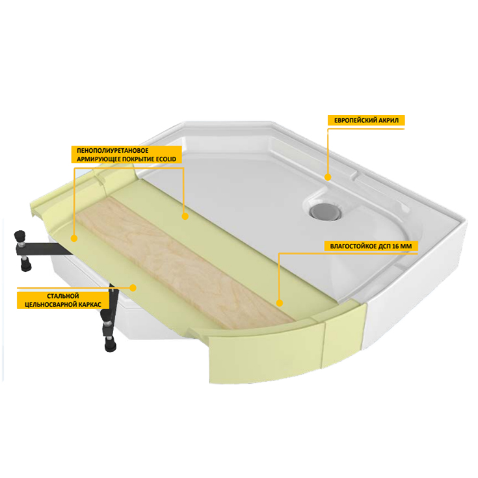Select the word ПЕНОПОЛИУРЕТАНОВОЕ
(x=113, y=151)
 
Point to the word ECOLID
(x=166, y=159)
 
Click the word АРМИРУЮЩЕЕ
(x=98, y=159)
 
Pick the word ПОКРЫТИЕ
(x=139, y=159)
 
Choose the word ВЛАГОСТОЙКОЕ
(x=353, y=246)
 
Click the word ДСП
(x=384, y=246)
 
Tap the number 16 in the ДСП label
(x=396, y=246)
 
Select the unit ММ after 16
(x=406, y=246)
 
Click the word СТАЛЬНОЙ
(x=63, y=296)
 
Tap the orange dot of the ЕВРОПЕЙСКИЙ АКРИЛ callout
(x=328, y=177)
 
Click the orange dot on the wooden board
(x=280, y=303)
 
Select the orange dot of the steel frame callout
(x=133, y=287)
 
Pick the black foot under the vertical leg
(x=110, y=344)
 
